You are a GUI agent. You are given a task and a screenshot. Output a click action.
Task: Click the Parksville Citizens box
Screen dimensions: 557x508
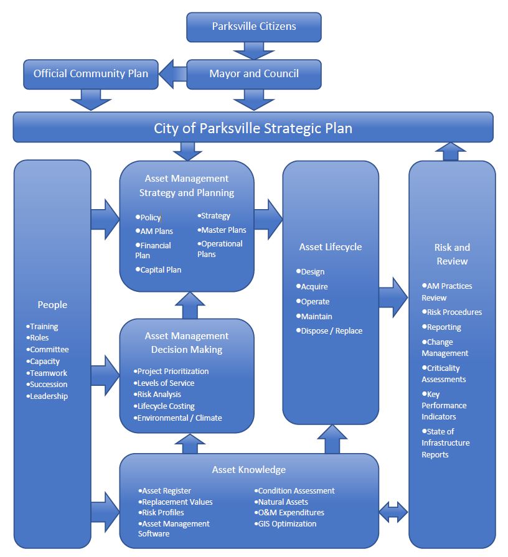[254, 27]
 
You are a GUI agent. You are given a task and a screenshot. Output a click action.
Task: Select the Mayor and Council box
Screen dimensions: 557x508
[254, 73]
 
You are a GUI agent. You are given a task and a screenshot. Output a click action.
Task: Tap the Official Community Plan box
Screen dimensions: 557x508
[91, 73]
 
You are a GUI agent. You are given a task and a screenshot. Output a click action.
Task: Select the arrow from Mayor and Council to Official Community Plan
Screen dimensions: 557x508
[172, 74]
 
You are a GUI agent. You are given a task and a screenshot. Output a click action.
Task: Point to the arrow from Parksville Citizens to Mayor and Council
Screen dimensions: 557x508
[254, 49]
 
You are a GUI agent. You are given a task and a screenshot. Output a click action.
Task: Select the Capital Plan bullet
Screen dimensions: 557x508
[161, 270]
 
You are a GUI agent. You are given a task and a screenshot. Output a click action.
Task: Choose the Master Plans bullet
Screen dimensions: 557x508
[223, 230]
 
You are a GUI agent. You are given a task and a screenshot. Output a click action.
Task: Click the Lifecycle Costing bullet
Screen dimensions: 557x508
[166, 406]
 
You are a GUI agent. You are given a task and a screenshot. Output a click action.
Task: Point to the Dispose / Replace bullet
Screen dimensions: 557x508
[331, 331]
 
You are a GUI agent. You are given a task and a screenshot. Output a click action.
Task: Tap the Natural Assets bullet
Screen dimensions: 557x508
[283, 502]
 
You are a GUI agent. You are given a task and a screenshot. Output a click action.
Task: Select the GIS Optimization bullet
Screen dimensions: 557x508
[287, 524]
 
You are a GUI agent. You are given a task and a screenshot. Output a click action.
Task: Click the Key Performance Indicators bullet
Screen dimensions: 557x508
[444, 405]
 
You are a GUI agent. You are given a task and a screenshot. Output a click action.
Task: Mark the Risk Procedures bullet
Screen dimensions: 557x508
[454, 312]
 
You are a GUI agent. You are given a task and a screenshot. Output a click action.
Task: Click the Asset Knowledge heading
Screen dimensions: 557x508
[249, 469]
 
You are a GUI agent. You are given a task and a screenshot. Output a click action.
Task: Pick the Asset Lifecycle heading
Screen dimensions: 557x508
[331, 247]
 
